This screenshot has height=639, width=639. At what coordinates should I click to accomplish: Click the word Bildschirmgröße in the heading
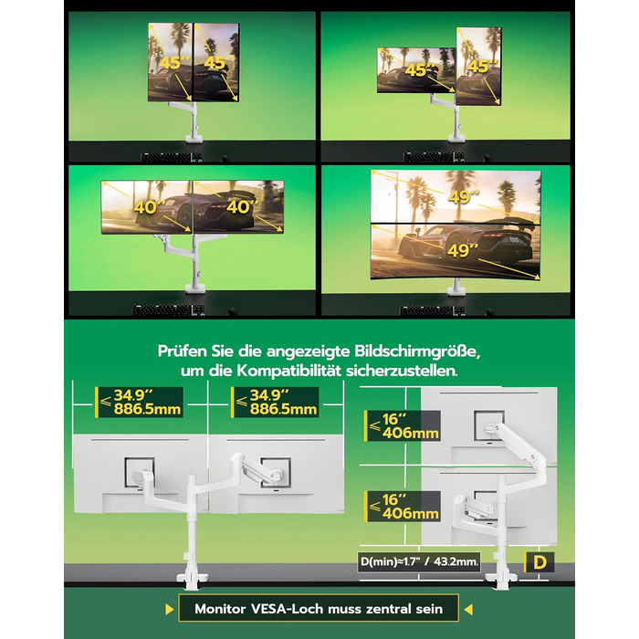pyautogui.click(x=417, y=351)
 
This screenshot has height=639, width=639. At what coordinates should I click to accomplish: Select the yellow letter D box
pyautogui.click(x=539, y=562)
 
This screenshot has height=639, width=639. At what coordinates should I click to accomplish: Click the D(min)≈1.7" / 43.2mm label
pyautogui.click(x=419, y=561)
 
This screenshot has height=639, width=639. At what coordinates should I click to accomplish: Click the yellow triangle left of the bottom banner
pyautogui.click(x=170, y=609)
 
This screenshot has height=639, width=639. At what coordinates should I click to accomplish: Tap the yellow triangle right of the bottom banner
pyautogui.click(x=468, y=609)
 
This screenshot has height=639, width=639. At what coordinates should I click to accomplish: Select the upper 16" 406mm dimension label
pyautogui.click(x=403, y=426)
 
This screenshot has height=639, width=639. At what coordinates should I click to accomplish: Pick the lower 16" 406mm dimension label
pyautogui.click(x=403, y=506)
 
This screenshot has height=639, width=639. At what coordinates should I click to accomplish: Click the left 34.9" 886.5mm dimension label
pyautogui.click(x=139, y=403)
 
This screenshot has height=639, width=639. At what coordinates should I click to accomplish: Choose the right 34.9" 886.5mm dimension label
pyautogui.click(x=275, y=403)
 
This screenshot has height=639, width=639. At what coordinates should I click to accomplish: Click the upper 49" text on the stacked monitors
pyautogui.click(x=464, y=197)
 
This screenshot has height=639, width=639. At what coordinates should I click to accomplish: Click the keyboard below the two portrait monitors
pyautogui.click(x=172, y=157)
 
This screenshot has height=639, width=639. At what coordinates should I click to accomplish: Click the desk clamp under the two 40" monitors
pyautogui.click(x=194, y=288)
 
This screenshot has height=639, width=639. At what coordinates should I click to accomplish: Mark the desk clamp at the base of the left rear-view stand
pyautogui.click(x=192, y=578)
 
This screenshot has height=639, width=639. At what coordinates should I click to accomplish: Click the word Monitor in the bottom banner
pyautogui.click(x=220, y=609)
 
